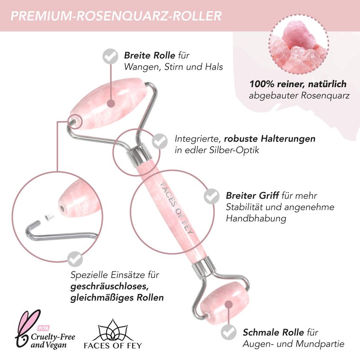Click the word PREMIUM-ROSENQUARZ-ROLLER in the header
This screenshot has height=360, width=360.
coord(116,16)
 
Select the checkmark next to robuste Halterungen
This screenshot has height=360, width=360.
coord(158,141)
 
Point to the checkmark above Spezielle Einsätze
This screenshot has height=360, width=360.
coord(73,258)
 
